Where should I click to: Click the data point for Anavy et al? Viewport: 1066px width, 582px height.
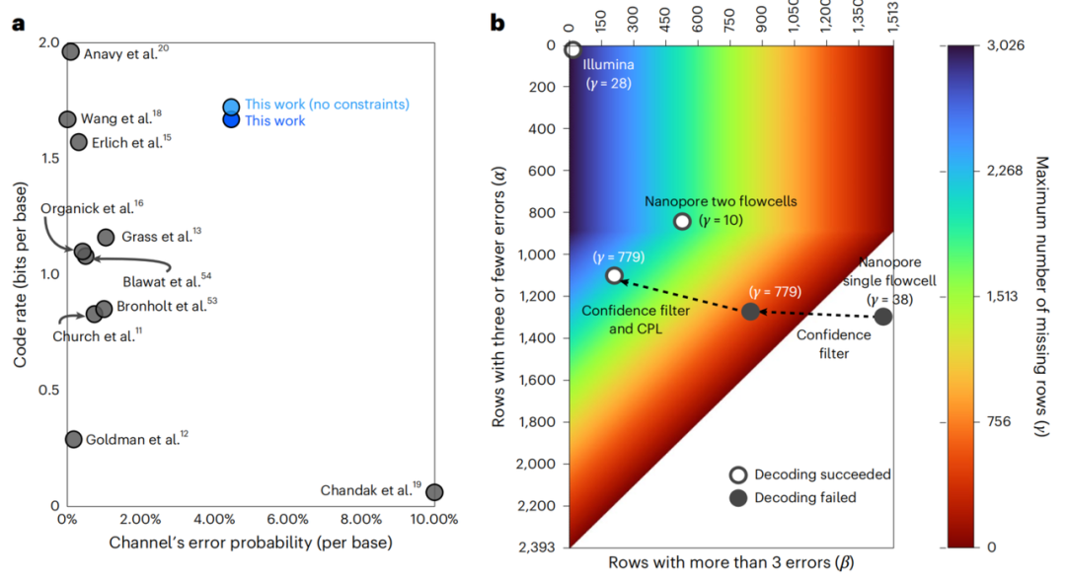point(70,52)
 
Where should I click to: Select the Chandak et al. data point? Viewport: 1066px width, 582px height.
point(433,491)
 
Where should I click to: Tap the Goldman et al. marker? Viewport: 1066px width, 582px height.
point(73,439)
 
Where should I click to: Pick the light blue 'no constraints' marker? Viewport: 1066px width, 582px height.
point(231,107)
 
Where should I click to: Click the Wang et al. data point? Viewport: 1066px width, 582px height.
point(67,119)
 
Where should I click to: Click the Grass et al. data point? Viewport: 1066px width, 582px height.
point(106,237)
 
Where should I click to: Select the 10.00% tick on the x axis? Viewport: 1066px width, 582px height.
point(433,519)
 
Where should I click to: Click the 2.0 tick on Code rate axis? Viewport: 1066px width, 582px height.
point(47,42)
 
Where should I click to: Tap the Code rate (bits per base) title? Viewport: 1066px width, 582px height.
point(20,273)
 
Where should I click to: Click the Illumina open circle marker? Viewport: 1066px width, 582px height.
point(572,49)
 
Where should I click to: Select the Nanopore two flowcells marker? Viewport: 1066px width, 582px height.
point(682,221)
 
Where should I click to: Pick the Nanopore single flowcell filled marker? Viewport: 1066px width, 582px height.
point(883,317)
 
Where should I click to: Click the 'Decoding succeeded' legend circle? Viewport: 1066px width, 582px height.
point(737,474)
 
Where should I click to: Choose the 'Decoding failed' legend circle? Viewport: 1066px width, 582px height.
point(737,497)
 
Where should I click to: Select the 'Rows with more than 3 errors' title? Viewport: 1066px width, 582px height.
point(730,563)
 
